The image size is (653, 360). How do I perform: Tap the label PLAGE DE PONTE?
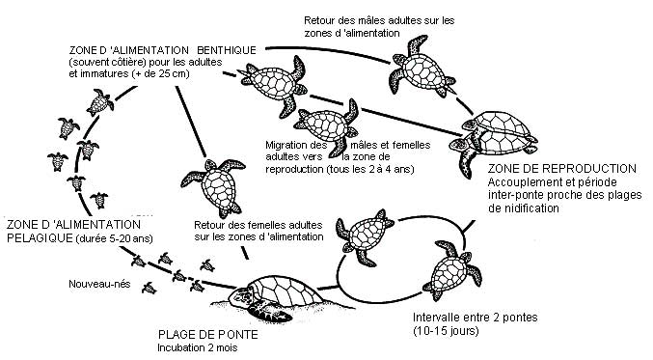(x=203, y=335)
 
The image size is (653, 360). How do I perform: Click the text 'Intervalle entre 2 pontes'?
(x=467, y=318)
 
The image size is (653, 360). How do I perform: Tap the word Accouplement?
(x=526, y=182)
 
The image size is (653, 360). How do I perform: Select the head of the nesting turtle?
(x=258, y=310)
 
